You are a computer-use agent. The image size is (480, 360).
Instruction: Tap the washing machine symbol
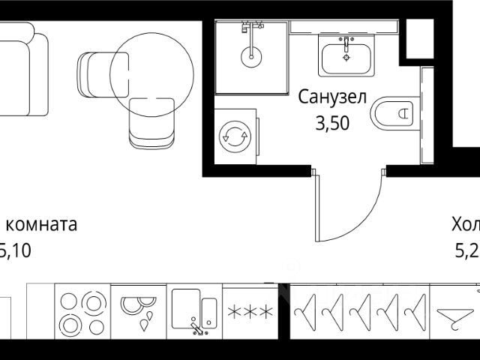[x=235, y=136]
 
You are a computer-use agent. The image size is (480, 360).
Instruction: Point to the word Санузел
[x=332, y=97]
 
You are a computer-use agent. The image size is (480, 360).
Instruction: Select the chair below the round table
[x=151, y=122]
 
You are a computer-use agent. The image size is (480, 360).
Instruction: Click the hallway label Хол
[x=465, y=225]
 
